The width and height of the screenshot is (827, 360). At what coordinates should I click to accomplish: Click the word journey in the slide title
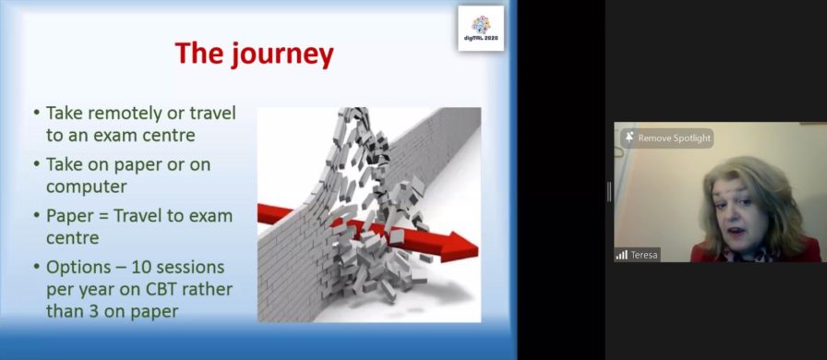tap(282, 54)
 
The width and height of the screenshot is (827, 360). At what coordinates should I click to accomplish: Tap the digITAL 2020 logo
tap(481, 28)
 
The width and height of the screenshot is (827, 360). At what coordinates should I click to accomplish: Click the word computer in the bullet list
tap(87, 186)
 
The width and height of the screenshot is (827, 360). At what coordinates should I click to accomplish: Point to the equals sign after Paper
tap(102, 216)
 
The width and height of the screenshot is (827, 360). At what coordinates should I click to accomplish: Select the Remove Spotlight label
tap(674, 138)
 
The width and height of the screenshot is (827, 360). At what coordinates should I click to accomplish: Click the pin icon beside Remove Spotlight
tap(629, 138)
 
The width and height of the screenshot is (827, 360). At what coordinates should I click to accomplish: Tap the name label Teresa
tap(644, 255)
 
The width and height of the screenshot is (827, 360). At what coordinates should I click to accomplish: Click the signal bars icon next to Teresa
tap(621, 255)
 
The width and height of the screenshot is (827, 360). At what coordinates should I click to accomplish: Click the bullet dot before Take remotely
tap(36, 113)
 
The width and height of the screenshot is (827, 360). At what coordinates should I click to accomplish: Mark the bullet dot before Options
tap(36, 268)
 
